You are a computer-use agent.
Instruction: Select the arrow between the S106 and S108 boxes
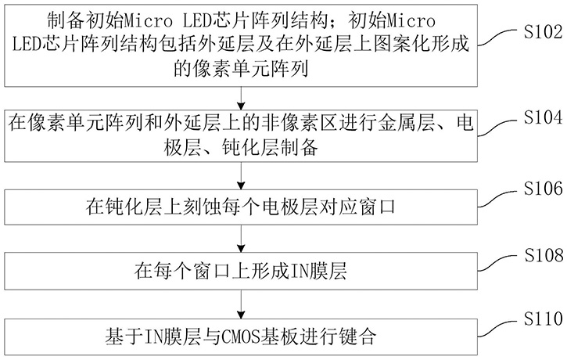coord(244,242)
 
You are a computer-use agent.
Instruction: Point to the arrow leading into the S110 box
coord(244,308)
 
